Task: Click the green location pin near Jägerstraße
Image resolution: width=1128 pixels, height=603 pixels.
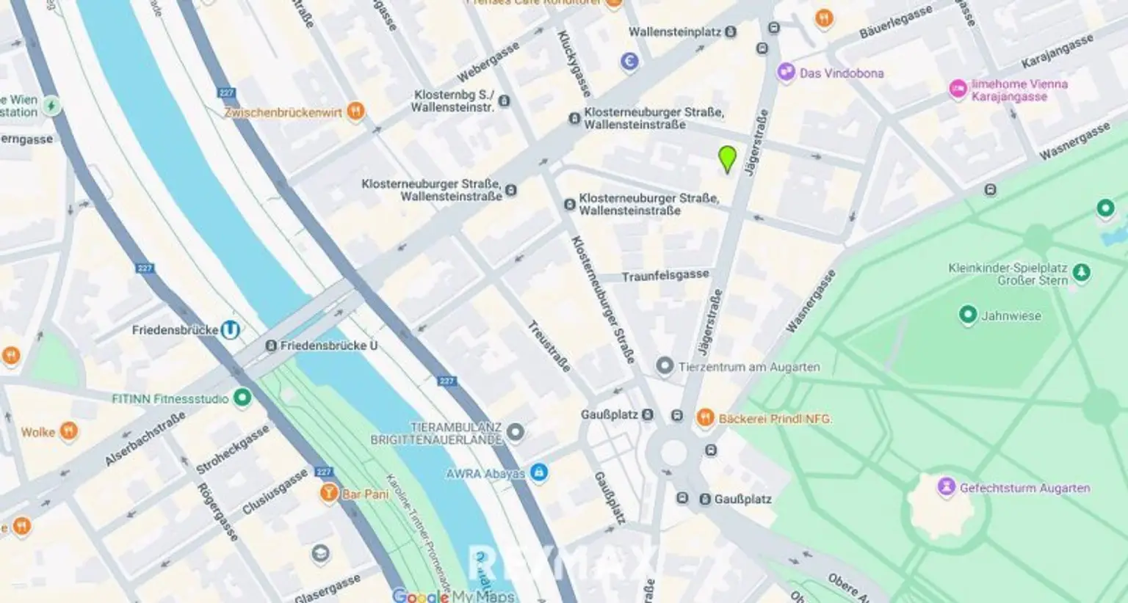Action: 727,158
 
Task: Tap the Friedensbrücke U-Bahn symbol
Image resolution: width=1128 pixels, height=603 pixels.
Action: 231,330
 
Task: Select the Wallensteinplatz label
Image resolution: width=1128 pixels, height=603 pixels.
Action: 675,32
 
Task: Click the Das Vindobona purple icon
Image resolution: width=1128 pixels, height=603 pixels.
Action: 787,73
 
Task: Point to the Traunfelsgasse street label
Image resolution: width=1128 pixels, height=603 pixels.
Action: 665,276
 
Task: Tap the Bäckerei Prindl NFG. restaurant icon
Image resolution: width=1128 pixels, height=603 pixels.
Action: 705,418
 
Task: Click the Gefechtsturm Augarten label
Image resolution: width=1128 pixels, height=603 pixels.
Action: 1024,488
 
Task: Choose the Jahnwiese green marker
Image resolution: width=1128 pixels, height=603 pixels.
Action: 968,315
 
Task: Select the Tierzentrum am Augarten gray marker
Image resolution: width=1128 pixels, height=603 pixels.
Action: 665,366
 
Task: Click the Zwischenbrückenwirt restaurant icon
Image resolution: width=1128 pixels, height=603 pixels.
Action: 355,112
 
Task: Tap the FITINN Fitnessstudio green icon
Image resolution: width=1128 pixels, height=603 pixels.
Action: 242,398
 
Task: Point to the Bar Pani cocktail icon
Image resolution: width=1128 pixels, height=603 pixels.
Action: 329,493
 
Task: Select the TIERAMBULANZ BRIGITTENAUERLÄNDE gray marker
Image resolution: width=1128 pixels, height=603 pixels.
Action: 516,432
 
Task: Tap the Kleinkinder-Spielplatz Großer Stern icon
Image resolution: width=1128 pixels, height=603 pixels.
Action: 1081,273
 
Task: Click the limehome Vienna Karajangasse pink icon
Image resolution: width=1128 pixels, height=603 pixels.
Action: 958,89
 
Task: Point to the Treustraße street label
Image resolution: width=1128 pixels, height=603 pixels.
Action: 549,346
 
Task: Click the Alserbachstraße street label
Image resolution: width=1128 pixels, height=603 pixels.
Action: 145,439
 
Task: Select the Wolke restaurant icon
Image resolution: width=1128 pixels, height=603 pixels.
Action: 68,431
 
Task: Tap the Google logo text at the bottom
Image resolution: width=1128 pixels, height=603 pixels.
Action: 420,596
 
